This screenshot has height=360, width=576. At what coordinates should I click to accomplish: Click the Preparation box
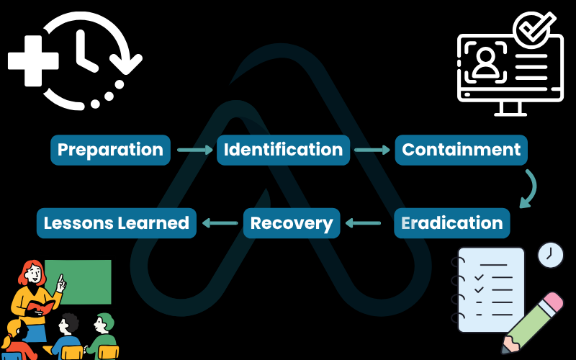coord(110,150)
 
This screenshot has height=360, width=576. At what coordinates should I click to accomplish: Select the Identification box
coord(283,150)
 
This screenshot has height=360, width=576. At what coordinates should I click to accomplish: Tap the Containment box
coord(461,150)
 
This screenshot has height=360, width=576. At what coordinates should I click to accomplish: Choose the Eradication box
coord(451,222)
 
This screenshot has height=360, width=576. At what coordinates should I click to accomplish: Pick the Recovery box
coord(291,222)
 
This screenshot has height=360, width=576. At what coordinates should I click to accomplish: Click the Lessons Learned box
coord(116,222)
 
